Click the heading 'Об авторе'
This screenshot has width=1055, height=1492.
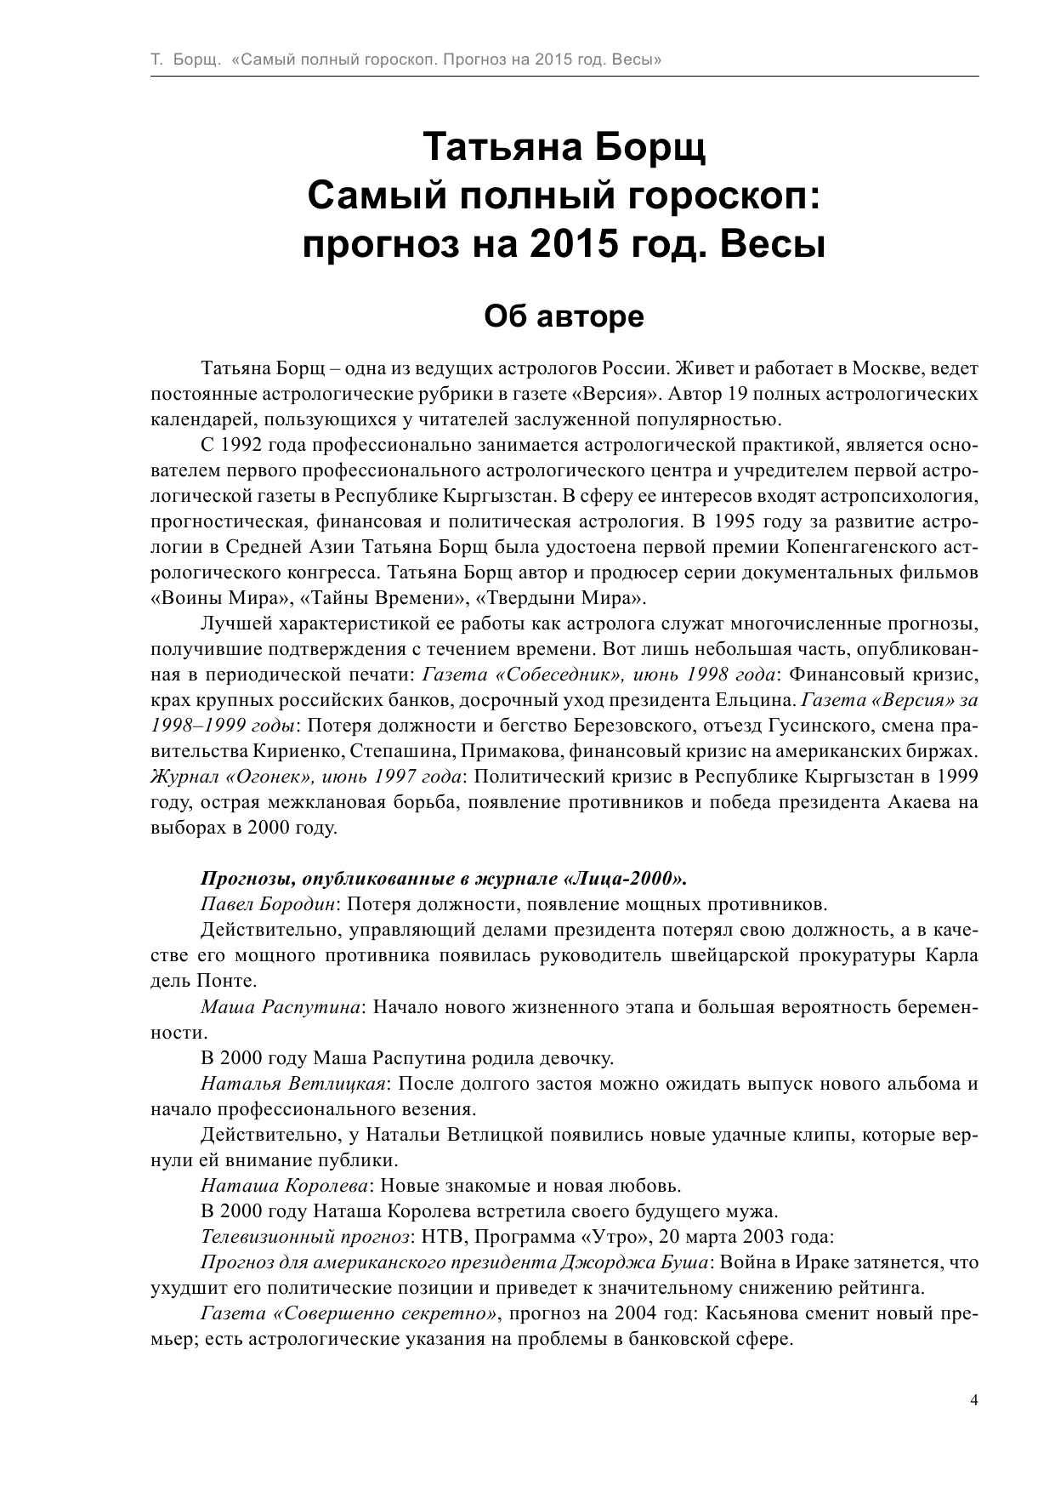click(564, 316)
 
